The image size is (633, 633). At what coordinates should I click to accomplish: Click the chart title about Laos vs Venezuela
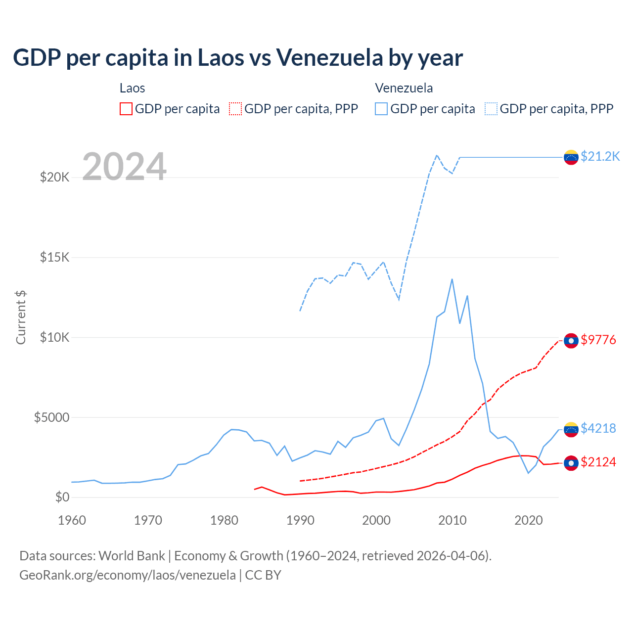tap(238, 58)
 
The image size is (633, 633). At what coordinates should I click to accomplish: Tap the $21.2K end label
tap(600, 156)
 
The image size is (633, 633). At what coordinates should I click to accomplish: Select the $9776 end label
tap(598, 340)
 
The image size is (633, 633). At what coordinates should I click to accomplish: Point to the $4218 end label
tap(598, 428)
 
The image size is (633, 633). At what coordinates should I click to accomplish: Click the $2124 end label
tap(598, 462)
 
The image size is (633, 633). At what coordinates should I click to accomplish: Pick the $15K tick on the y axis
tap(54, 257)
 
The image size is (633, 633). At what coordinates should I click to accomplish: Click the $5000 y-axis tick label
tap(51, 417)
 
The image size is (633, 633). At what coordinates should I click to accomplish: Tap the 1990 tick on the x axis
tap(300, 520)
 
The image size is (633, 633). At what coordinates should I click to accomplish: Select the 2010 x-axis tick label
tap(452, 520)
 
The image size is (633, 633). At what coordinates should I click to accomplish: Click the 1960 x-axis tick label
tap(72, 520)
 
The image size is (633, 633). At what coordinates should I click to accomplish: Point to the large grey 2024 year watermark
tap(124, 167)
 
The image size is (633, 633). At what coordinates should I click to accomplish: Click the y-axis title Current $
tap(21, 317)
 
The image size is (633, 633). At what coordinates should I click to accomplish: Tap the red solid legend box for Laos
tap(126, 109)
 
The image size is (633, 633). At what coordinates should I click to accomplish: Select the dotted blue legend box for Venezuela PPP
tap(491, 109)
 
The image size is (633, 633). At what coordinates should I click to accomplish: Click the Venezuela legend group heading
tap(404, 88)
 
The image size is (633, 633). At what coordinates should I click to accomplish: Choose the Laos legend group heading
tap(132, 88)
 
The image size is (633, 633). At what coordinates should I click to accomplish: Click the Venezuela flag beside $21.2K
tap(571, 157)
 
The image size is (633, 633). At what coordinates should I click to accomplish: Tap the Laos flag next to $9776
tap(571, 341)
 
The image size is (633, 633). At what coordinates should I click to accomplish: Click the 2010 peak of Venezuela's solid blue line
tap(452, 279)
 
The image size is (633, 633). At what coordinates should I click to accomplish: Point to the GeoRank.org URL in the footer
tap(128, 575)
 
